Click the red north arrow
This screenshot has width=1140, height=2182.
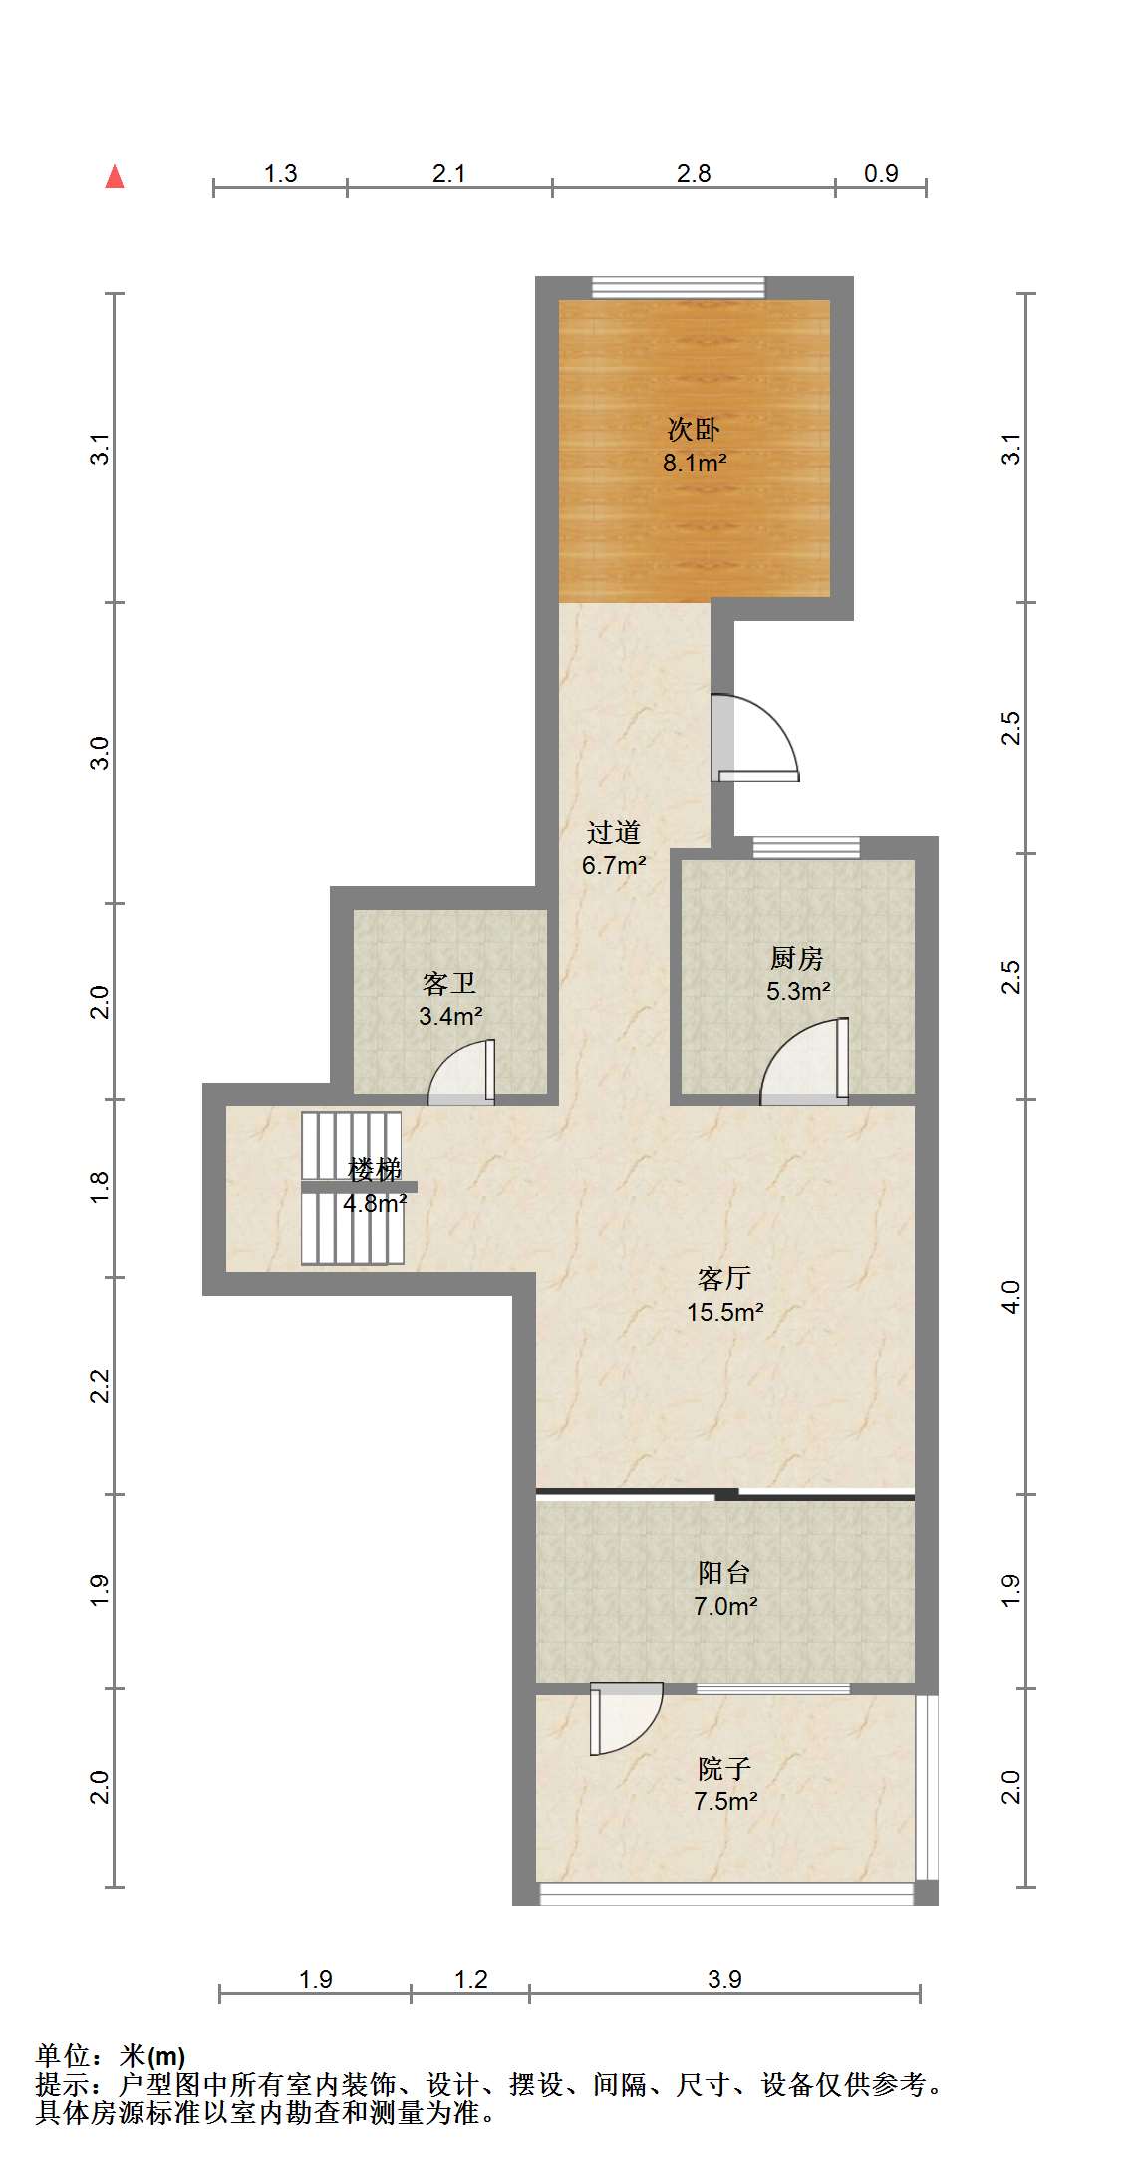click(x=115, y=176)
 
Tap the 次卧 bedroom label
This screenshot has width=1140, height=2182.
click(x=694, y=430)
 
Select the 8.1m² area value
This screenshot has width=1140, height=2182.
click(x=695, y=463)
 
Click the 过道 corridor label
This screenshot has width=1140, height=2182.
click(x=613, y=832)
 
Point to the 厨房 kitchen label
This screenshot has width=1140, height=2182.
click(x=797, y=958)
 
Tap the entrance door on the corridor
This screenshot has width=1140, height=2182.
click(x=754, y=738)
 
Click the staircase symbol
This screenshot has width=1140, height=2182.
click(x=353, y=1189)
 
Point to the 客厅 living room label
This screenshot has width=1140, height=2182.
click(x=724, y=1278)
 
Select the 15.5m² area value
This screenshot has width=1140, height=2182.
click(x=725, y=1312)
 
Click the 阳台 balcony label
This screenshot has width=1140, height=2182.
click(x=724, y=1573)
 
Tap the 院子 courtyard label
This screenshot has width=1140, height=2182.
click(x=724, y=1769)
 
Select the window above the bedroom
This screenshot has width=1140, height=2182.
click(x=679, y=288)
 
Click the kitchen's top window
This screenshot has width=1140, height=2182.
click(x=806, y=848)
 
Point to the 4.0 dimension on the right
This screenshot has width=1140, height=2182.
click(x=1011, y=1297)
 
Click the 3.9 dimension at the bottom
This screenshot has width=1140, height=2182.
click(x=724, y=1979)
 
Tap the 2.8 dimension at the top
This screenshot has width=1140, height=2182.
click(x=694, y=173)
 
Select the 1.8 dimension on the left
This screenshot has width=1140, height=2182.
click(x=99, y=1187)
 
